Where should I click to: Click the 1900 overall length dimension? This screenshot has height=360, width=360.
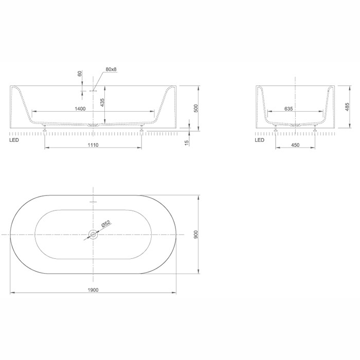click(93, 289)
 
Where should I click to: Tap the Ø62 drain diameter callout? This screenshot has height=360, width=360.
click(105, 224)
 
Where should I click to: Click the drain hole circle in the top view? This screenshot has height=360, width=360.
click(93, 235)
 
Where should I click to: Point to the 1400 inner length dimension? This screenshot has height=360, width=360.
click(80, 109)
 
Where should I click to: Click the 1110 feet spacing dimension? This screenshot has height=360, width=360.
click(93, 145)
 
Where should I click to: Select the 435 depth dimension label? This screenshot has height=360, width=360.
click(102, 102)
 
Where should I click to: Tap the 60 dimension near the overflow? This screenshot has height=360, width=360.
click(80, 74)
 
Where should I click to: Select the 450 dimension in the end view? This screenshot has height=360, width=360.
click(295, 145)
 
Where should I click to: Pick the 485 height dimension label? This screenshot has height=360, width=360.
click(347, 107)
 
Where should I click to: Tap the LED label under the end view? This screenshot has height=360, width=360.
click(260, 140)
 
